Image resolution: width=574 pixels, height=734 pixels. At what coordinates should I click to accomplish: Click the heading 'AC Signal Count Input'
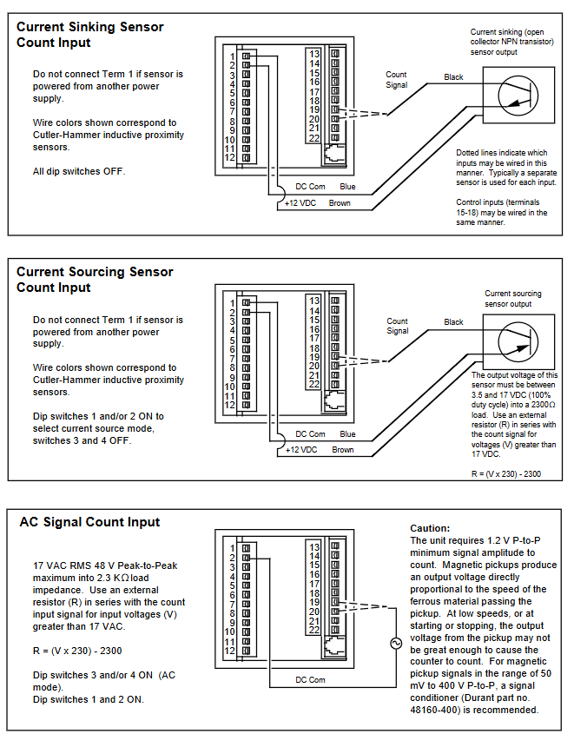89,522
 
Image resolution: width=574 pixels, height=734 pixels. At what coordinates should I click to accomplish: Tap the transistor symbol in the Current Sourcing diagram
520,341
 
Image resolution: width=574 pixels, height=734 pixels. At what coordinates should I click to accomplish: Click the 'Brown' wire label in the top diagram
340,204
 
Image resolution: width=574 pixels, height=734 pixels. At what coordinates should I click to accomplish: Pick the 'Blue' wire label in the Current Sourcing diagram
347,433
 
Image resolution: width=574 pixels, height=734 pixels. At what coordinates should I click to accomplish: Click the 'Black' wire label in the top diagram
453,77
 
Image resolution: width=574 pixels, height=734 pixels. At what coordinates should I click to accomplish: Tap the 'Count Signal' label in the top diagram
397,80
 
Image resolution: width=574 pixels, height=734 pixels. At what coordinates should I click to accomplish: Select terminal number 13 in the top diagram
314,54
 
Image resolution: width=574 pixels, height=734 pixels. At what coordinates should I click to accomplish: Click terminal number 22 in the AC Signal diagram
314,631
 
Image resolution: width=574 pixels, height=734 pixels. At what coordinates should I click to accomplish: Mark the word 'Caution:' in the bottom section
430,528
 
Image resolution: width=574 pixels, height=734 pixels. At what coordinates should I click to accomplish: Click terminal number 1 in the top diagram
232,56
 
